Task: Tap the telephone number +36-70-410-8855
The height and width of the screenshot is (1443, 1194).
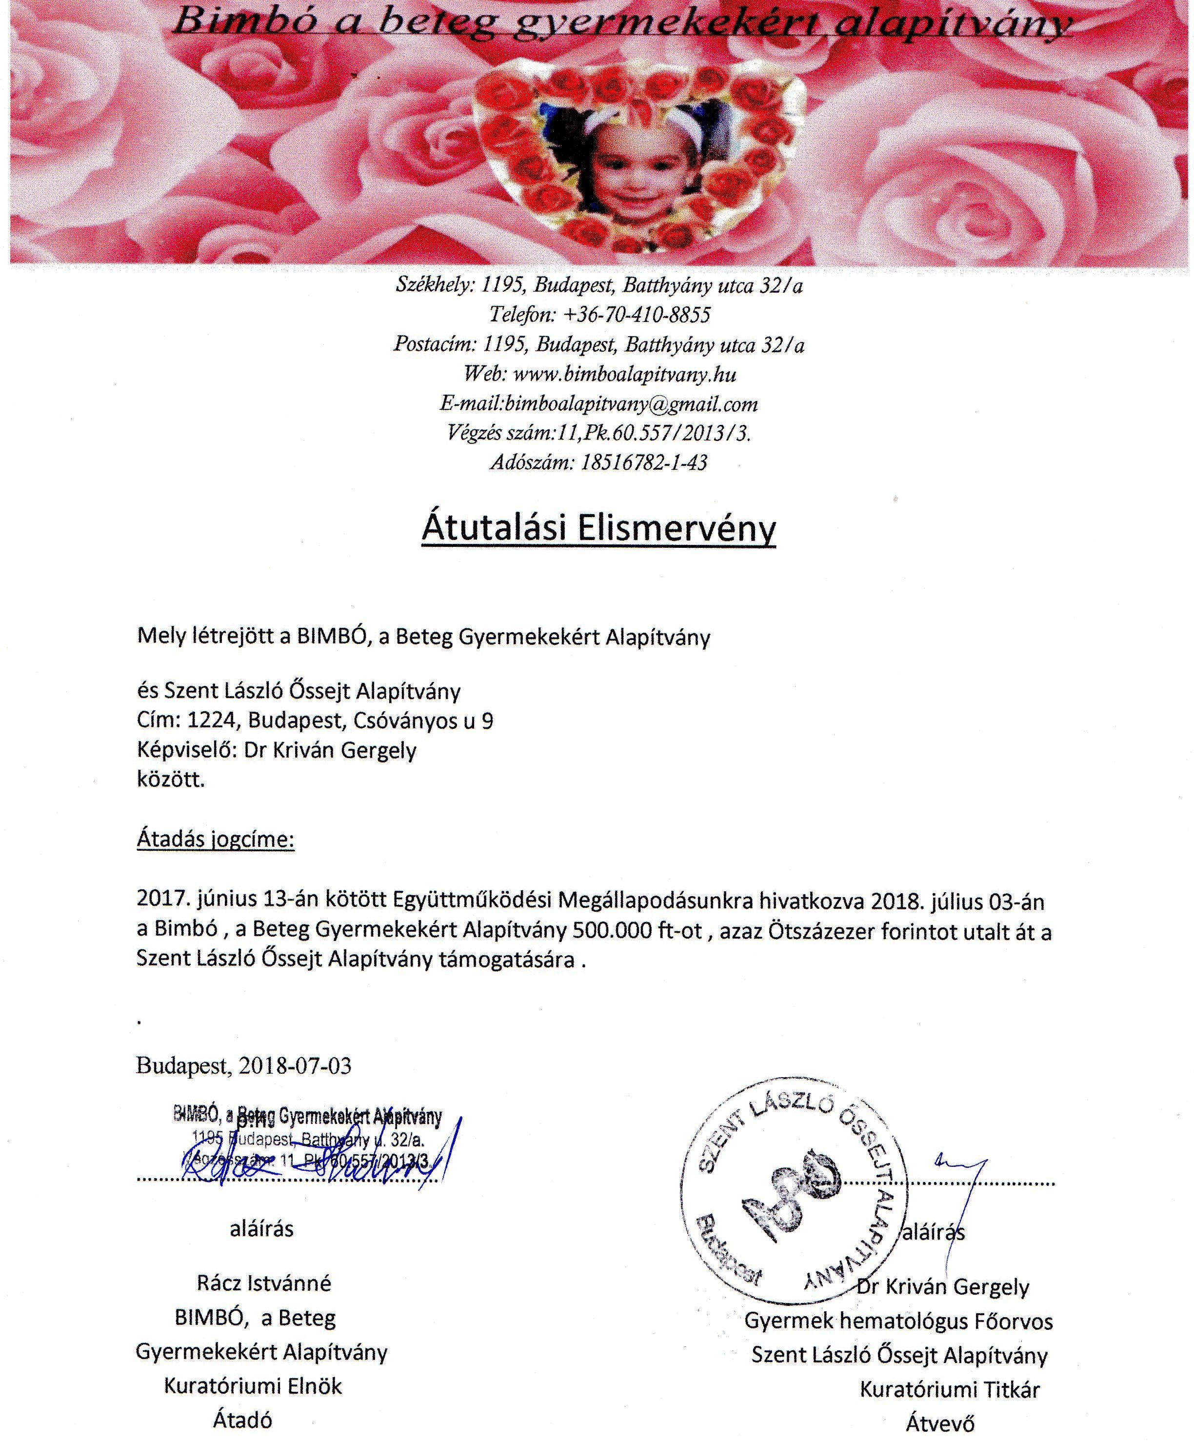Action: [x=637, y=315]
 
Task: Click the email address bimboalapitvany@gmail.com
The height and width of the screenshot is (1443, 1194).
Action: [x=631, y=404]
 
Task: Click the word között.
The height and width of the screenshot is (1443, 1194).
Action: [x=171, y=781]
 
